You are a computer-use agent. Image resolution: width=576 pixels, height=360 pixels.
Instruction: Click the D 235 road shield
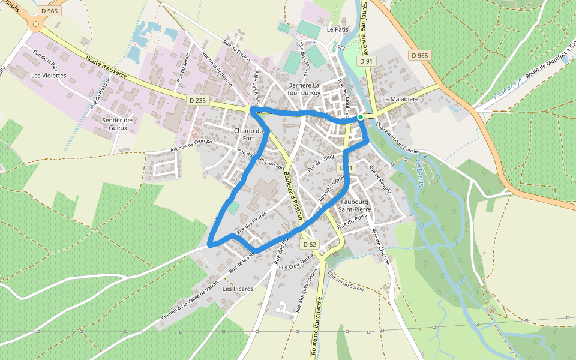point(197,101)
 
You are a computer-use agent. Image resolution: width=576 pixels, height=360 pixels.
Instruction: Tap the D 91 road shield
point(366,61)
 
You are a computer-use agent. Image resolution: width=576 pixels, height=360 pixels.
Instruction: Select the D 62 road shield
point(309,244)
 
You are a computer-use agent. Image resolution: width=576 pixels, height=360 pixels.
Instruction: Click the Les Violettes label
point(49,76)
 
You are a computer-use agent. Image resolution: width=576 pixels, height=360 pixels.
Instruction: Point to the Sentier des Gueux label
point(118,124)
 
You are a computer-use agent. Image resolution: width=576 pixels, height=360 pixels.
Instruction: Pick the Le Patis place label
point(338,29)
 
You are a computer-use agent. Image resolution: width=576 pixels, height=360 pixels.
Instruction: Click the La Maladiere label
point(399,98)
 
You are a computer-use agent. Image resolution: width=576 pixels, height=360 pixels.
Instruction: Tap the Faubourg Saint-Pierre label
point(354,205)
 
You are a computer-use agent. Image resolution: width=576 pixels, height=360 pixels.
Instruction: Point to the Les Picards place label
point(238,289)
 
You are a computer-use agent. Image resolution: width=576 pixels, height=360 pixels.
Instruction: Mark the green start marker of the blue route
point(360,117)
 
